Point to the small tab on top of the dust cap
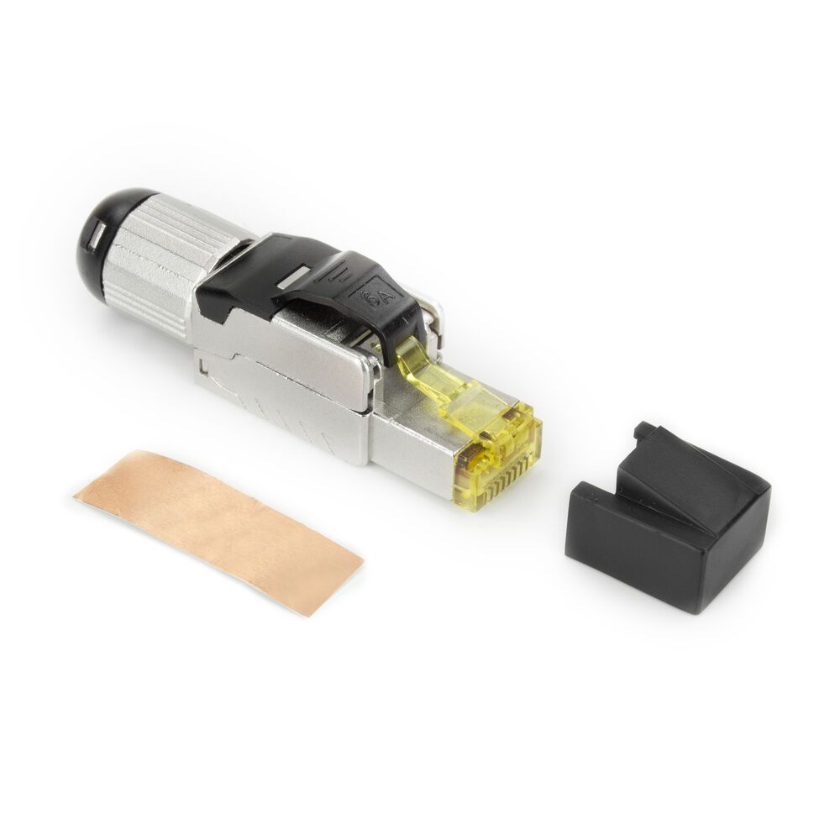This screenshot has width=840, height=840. (646, 432)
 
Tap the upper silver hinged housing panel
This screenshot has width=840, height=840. (294, 353)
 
